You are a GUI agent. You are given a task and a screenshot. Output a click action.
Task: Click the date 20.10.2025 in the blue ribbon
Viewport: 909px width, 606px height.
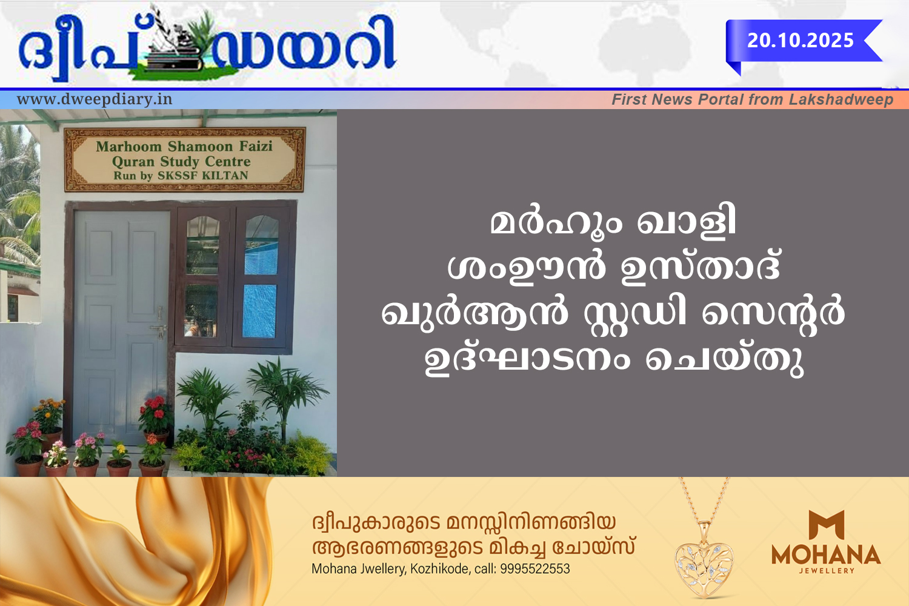[x=801, y=41]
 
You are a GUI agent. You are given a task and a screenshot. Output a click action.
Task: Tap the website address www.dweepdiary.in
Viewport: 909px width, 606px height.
[x=95, y=99]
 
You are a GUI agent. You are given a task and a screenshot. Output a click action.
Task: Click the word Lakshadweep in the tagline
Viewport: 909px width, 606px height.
[x=841, y=99]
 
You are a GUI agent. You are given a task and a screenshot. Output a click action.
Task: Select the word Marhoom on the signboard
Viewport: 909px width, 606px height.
[x=128, y=146]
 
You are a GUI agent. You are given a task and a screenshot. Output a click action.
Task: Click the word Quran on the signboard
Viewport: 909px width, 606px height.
[x=133, y=162]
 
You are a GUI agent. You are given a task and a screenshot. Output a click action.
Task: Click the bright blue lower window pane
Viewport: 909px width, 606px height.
[x=260, y=311]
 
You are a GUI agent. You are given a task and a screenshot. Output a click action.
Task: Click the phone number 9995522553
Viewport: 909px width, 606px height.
[x=535, y=569]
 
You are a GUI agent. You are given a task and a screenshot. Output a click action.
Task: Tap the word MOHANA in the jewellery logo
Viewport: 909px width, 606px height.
[x=826, y=554]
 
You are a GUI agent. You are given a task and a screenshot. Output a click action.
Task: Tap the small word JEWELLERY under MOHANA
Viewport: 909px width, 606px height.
[x=827, y=571]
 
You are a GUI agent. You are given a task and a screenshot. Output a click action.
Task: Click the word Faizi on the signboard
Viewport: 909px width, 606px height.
[x=256, y=145]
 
